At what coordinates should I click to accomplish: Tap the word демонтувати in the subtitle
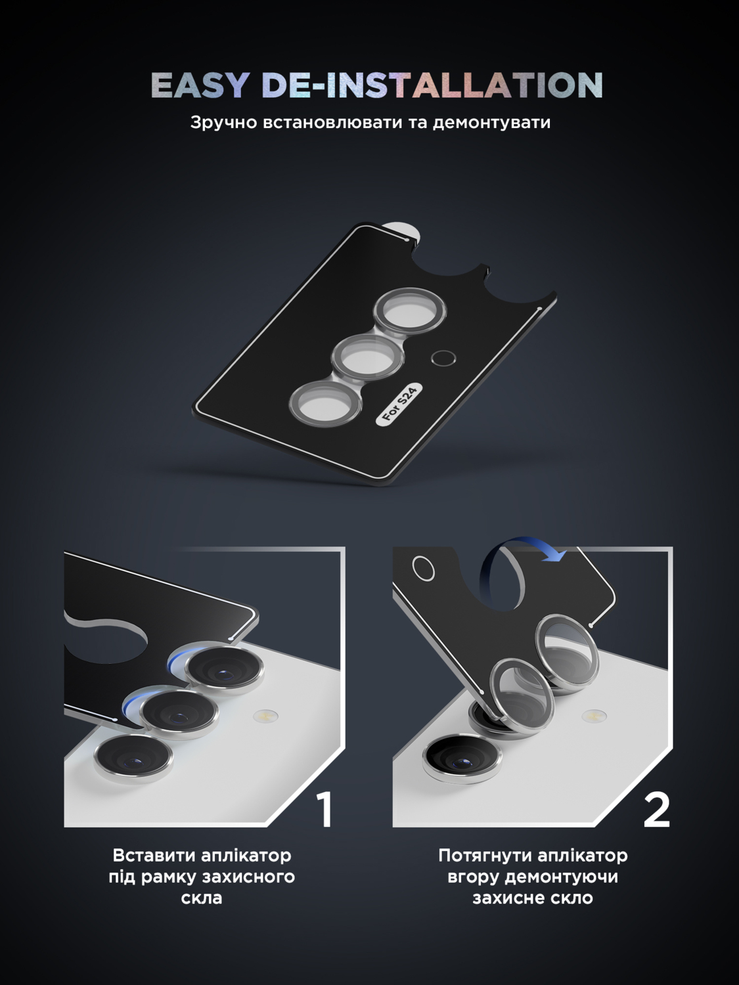pos(491,123)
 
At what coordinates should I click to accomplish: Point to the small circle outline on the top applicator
pos(443,358)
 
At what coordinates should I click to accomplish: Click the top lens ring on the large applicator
pos(411,310)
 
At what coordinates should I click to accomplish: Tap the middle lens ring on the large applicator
pos(367,358)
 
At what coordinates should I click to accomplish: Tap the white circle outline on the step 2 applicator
pos(424,569)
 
